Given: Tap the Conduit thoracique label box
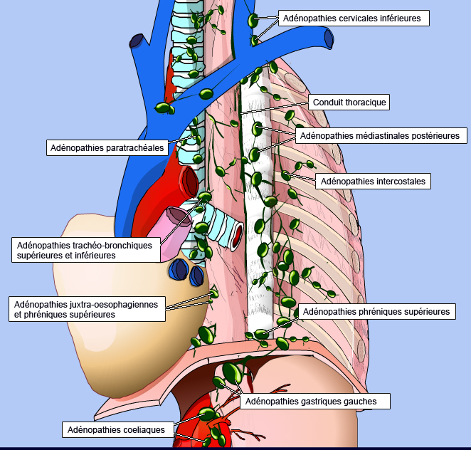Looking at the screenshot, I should pos(349,103).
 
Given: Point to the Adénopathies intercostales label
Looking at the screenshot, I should pos(373,182).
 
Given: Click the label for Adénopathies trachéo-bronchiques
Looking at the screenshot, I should pos(85,250).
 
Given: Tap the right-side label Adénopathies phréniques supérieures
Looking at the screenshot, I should pos(376,312).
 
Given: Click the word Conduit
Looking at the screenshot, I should pos(329,103).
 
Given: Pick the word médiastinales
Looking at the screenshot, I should pos(382,135).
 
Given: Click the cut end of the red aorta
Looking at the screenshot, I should pos(189,181).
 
